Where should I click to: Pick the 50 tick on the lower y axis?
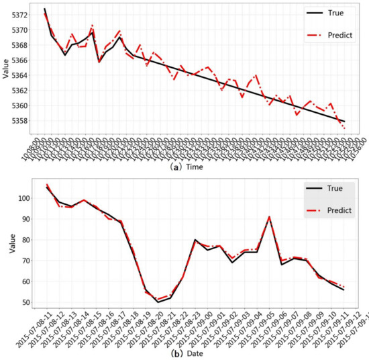[x=24, y=302]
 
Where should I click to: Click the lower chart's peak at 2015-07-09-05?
[x=269, y=217]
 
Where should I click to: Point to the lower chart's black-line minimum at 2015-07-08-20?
[x=158, y=302]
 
